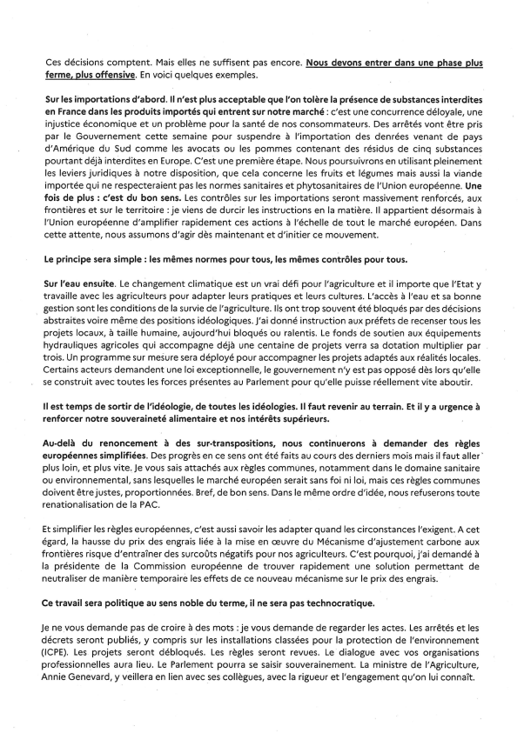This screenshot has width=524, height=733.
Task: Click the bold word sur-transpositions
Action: (225, 443)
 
